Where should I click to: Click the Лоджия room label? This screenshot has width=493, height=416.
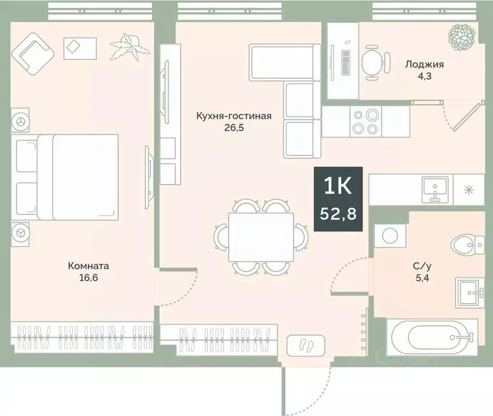click(x=424, y=65)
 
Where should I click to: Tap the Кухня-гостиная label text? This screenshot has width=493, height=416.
click(x=234, y=116)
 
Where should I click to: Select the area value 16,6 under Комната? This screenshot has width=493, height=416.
click(x=88, y=278)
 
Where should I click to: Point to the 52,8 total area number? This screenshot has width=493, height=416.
click(x=338, y=214)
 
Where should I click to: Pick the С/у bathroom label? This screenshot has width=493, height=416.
click(x=422, y=266)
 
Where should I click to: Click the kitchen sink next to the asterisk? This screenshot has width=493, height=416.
click(x=436, y=189)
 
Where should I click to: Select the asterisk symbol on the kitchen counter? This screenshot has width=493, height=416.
click(x=468, y=190)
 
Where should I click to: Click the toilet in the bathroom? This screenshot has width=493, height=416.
click(x=468, y=246)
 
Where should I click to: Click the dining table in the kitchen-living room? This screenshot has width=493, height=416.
click(x=261, y=236)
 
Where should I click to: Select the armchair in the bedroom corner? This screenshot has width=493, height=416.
click(x=34, y=53)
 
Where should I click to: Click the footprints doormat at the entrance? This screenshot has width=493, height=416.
click(x=306, y=344)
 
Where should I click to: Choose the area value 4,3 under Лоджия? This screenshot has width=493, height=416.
click(x=424, y=76)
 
